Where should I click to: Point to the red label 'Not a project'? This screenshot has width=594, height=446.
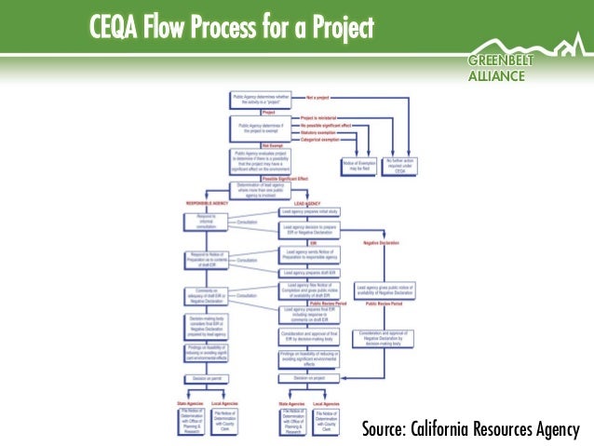click(322, 97)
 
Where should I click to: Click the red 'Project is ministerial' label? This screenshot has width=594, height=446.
click(321, 119)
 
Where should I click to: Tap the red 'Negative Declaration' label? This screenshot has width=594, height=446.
click(381, 242)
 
